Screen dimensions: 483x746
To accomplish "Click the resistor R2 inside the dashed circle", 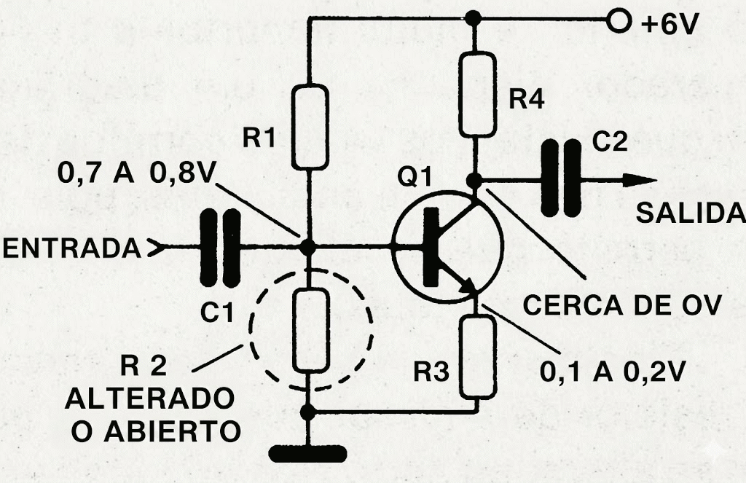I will click(x=311, y=330).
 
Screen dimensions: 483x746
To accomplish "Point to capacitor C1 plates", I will click(x=220, y=248).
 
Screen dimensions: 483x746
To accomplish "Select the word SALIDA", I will click(x=691, y=213).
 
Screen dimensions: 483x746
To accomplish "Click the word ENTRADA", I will click(x=71, y=248).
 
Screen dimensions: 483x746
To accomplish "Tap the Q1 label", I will click(x=414, y=176).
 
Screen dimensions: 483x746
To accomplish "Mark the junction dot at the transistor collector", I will click(x=475, y=180).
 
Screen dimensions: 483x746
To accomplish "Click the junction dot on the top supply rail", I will click(x=475, y=18).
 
